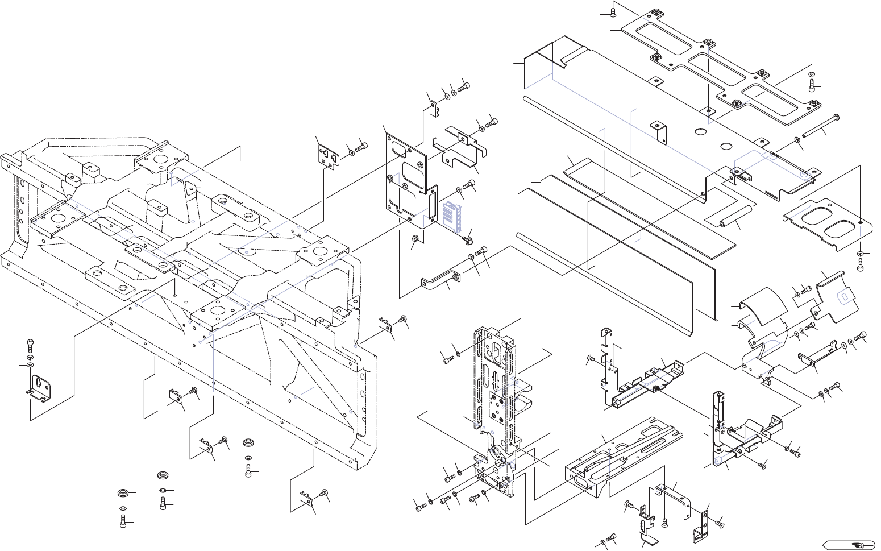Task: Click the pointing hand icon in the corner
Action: coord(857,544)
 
